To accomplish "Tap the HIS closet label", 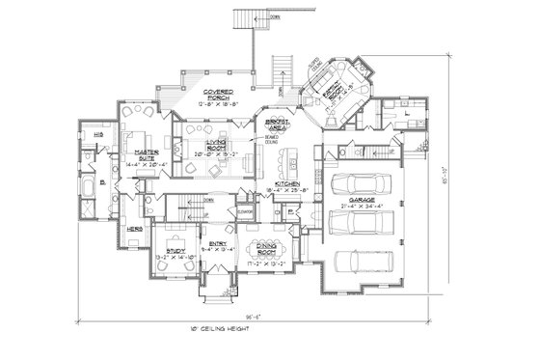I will point(85,135).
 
